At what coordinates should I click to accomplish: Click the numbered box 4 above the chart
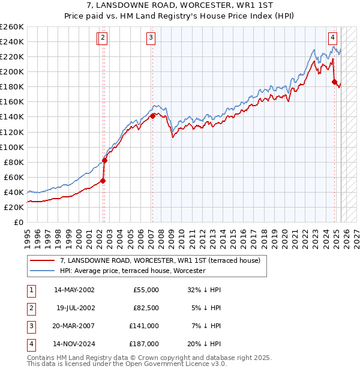332,36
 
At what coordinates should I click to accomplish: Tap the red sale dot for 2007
152,116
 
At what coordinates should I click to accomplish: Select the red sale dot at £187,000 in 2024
334,82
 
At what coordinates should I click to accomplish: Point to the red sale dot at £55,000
103,181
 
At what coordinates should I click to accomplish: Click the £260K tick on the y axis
12,27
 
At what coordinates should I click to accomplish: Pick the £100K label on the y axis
12,147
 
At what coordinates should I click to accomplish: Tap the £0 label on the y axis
19,222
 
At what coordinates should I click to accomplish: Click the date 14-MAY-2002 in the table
74,290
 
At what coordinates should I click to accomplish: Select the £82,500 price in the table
145,308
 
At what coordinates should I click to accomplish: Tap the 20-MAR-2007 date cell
74,326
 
